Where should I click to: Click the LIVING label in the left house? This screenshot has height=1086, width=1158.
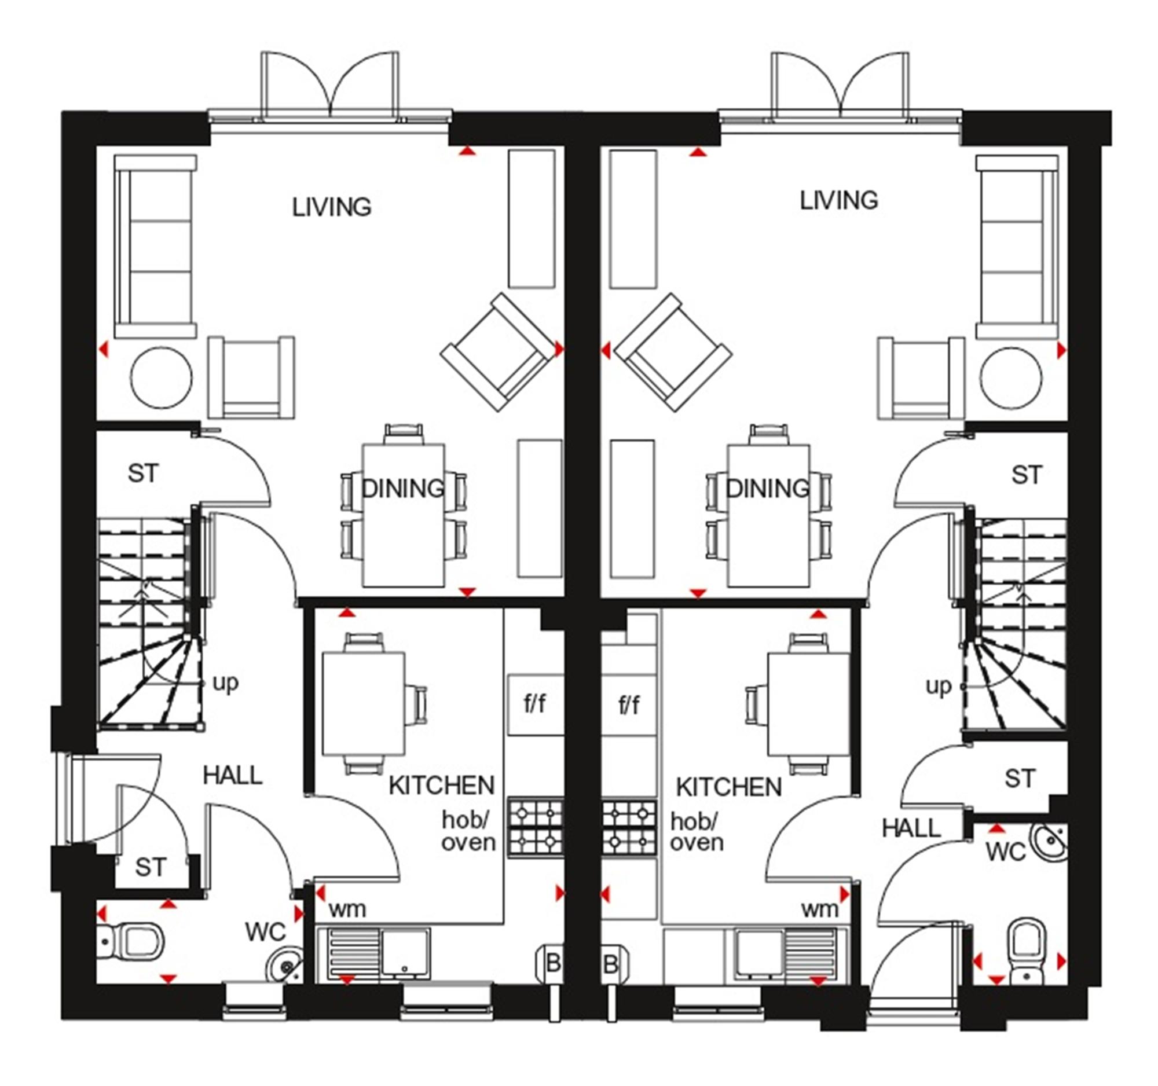pyautogui.click(x=331, y=207)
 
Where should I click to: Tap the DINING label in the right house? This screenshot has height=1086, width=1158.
pyautogui.click(x=767, y=488)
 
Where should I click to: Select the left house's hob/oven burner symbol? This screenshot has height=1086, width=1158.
pyautogui.click(x=536, y=827)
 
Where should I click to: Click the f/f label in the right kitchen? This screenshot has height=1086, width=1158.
pyautogui.click(x=629, y=705)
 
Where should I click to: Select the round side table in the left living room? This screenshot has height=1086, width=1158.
pyautogui.click(x=162, y=378)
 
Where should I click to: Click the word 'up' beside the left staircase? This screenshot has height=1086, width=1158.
pyautogui.click(x=225, y=683)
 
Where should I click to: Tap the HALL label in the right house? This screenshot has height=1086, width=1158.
pyautogui.click(x=911, y=828)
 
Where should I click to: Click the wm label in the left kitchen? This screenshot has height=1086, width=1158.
pyautogui.click(x=347, y=909)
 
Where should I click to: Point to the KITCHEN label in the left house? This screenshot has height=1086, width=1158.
pyautogui.click(x=442, y=786)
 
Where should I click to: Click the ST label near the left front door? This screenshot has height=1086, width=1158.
pyautogui.click(x=151, y=867)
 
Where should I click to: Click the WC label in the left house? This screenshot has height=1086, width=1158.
pyautogui.click(x=265, y=932)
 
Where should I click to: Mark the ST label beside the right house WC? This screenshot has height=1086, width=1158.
pyautogui.click(x=1020, y=779)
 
